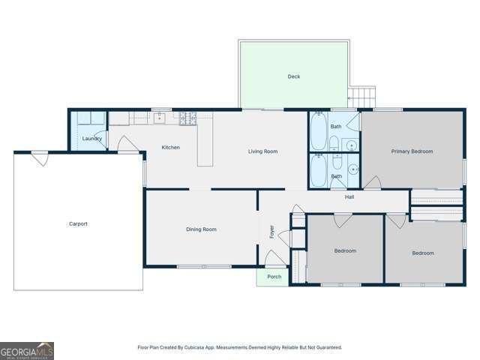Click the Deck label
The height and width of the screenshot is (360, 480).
[x=293, y=76]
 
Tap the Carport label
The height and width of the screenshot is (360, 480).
[x=78, y=223]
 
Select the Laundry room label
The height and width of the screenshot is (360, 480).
[x=91, y=139]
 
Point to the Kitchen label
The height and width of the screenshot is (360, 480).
[x=170, y=147]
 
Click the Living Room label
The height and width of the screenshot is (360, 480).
[x=262, y=151]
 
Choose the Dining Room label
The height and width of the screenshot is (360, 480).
[x=201, y=229]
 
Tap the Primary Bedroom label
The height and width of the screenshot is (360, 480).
[x=412, y=151]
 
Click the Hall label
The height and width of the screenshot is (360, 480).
[x=349, y=196]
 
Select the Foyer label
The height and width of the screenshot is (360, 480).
[x=271, y=232]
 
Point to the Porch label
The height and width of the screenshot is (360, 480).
[x=274, y=277]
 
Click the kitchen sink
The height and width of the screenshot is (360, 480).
[x=159, y=118]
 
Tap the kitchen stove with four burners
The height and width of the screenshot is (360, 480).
[x=187, y=118]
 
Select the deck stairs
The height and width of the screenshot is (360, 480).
[x=362, y=97]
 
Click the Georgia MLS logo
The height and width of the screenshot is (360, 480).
[x=27, y=351]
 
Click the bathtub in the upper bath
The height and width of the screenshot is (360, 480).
[x=318, y=132]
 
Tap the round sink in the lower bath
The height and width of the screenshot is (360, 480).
[x=353, y=169]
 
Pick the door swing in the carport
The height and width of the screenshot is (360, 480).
[x=40, y=159]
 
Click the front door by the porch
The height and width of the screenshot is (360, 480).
[x=275, y=257]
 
